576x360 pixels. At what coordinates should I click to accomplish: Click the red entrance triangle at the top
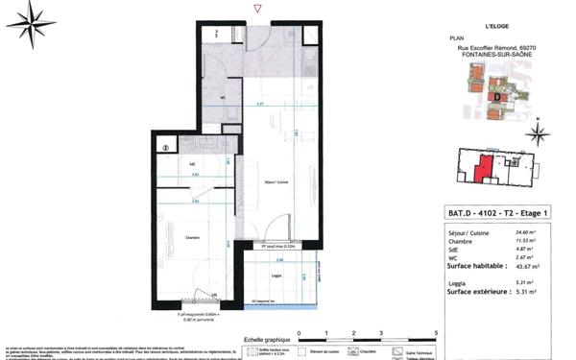coord(254,8)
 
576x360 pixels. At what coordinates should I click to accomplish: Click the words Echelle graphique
coord(266,340)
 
